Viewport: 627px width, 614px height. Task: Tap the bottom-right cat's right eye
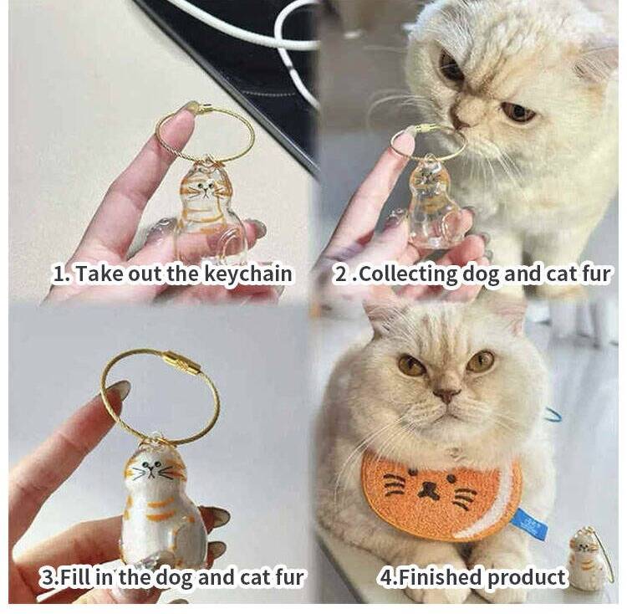pos(480,360)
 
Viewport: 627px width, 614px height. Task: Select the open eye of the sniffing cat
pos(517,112)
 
